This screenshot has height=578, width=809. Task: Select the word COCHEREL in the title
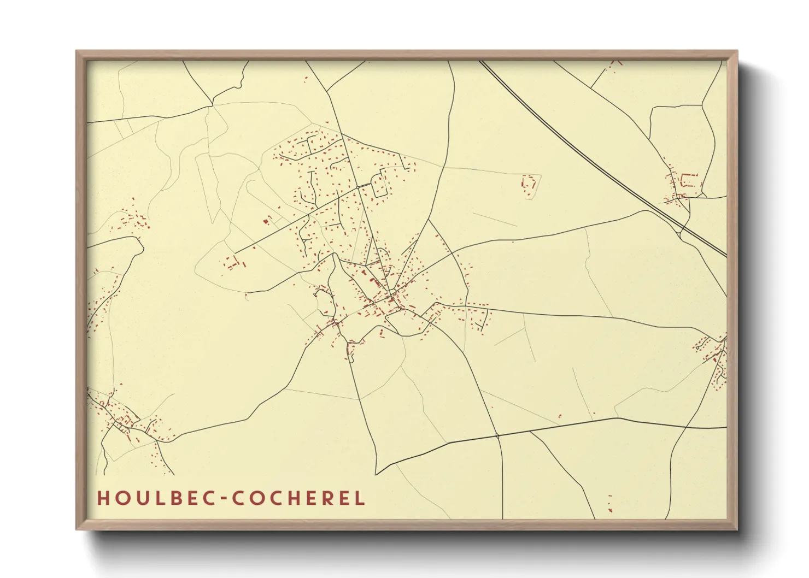point(298,498)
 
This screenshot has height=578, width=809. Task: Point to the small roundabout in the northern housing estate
point(358,187)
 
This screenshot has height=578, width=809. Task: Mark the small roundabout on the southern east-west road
point(497,435)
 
